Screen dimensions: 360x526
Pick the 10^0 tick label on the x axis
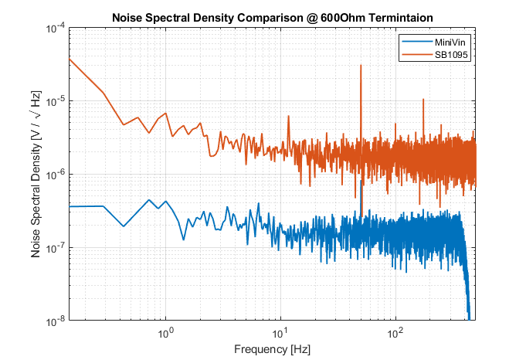click(165, 333)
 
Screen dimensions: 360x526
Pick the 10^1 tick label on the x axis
click(280, 333)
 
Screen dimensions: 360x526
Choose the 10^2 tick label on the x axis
click(395, 333)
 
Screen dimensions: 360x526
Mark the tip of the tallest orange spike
click(361, 66)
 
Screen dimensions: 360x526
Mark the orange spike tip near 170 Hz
click(422, 99)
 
